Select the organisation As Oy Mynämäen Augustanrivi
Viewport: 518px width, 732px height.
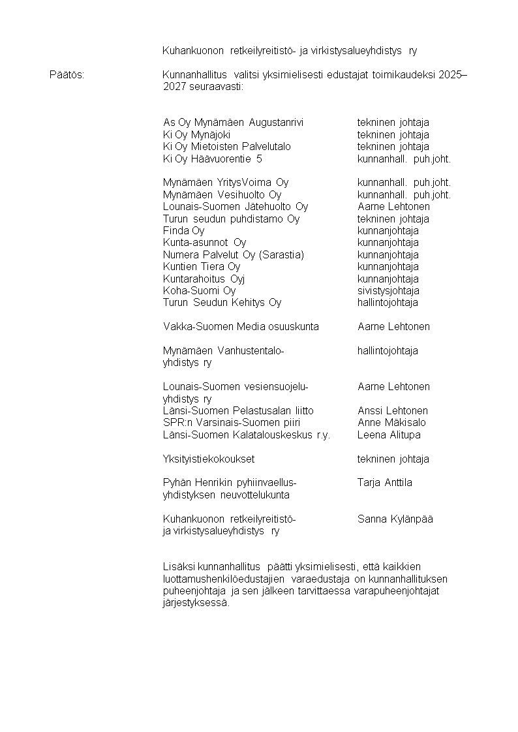[x=233, y=123]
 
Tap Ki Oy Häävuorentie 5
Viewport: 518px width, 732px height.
[x=212, y=159]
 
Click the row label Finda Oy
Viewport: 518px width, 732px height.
[x=183, y=231]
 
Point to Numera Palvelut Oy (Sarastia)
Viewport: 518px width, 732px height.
[x=233, y=255]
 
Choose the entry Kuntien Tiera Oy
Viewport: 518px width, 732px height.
[x=201, y=267]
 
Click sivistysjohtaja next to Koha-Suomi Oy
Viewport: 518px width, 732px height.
[x=388, y=291]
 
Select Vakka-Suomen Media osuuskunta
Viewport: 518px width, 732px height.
[x=241, y=327]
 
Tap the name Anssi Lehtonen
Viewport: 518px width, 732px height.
[x=393, y=411]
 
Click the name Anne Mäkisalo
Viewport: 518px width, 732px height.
[x=392, y=423]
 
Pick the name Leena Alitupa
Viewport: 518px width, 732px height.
[x=389, y=435]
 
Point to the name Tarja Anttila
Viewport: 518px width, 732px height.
[x=384, y=483]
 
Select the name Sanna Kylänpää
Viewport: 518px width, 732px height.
[x=395, y=519]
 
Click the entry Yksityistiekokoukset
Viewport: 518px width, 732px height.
[x=208, y=459]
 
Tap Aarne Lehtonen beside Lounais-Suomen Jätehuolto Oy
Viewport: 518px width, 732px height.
[x=393, y=207]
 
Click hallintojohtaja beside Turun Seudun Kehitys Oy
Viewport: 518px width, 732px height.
[x=388, y=303]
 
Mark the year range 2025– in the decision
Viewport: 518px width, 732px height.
[x=453, y=75]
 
